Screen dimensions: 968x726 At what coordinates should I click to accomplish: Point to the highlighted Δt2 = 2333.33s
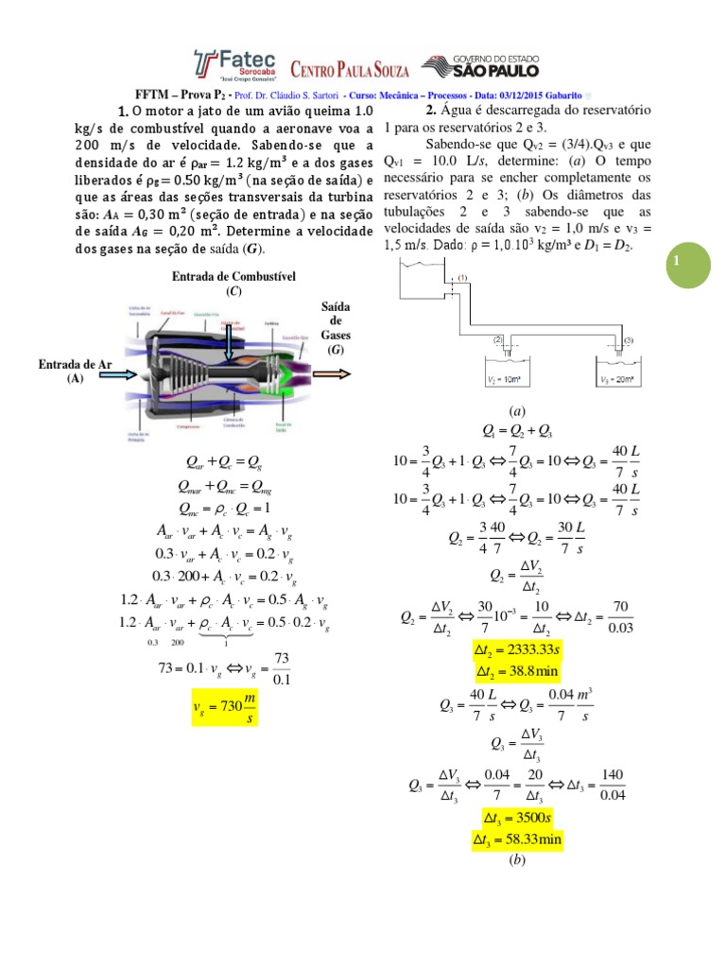point(517,653)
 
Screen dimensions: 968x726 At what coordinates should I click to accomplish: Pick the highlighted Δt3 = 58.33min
point(516,838)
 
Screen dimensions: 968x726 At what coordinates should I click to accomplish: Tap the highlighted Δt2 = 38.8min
point(517,673)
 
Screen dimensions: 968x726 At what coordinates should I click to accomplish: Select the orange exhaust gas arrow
point(332,372)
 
